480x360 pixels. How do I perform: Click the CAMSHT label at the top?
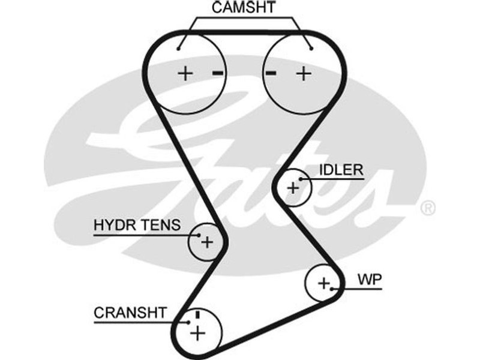click(x=243, y=8)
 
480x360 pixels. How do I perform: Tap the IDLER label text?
click(x=341, y=170)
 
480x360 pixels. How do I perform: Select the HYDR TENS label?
click(x=137, y=226)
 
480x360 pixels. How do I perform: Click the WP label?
click(x=369, y=280)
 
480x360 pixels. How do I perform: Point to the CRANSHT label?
click(x=129, y=313)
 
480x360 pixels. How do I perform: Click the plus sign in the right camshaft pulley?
click(x=304, y=74)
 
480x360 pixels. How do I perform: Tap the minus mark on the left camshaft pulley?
click(x=217, y=73)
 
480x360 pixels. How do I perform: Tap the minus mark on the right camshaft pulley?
click(x=271, y=73)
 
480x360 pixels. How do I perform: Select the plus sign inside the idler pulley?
click(x=293, y=187)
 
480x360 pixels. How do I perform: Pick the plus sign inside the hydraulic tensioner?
click(x=207, y=242)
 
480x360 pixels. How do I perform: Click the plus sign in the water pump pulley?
click(x=324, y=283)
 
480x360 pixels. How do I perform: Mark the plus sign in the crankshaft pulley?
click(x=197, y=332)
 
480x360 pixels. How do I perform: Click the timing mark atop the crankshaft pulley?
click(x=196, y=314)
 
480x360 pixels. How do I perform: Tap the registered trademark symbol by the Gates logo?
click(x=427, y=208)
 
